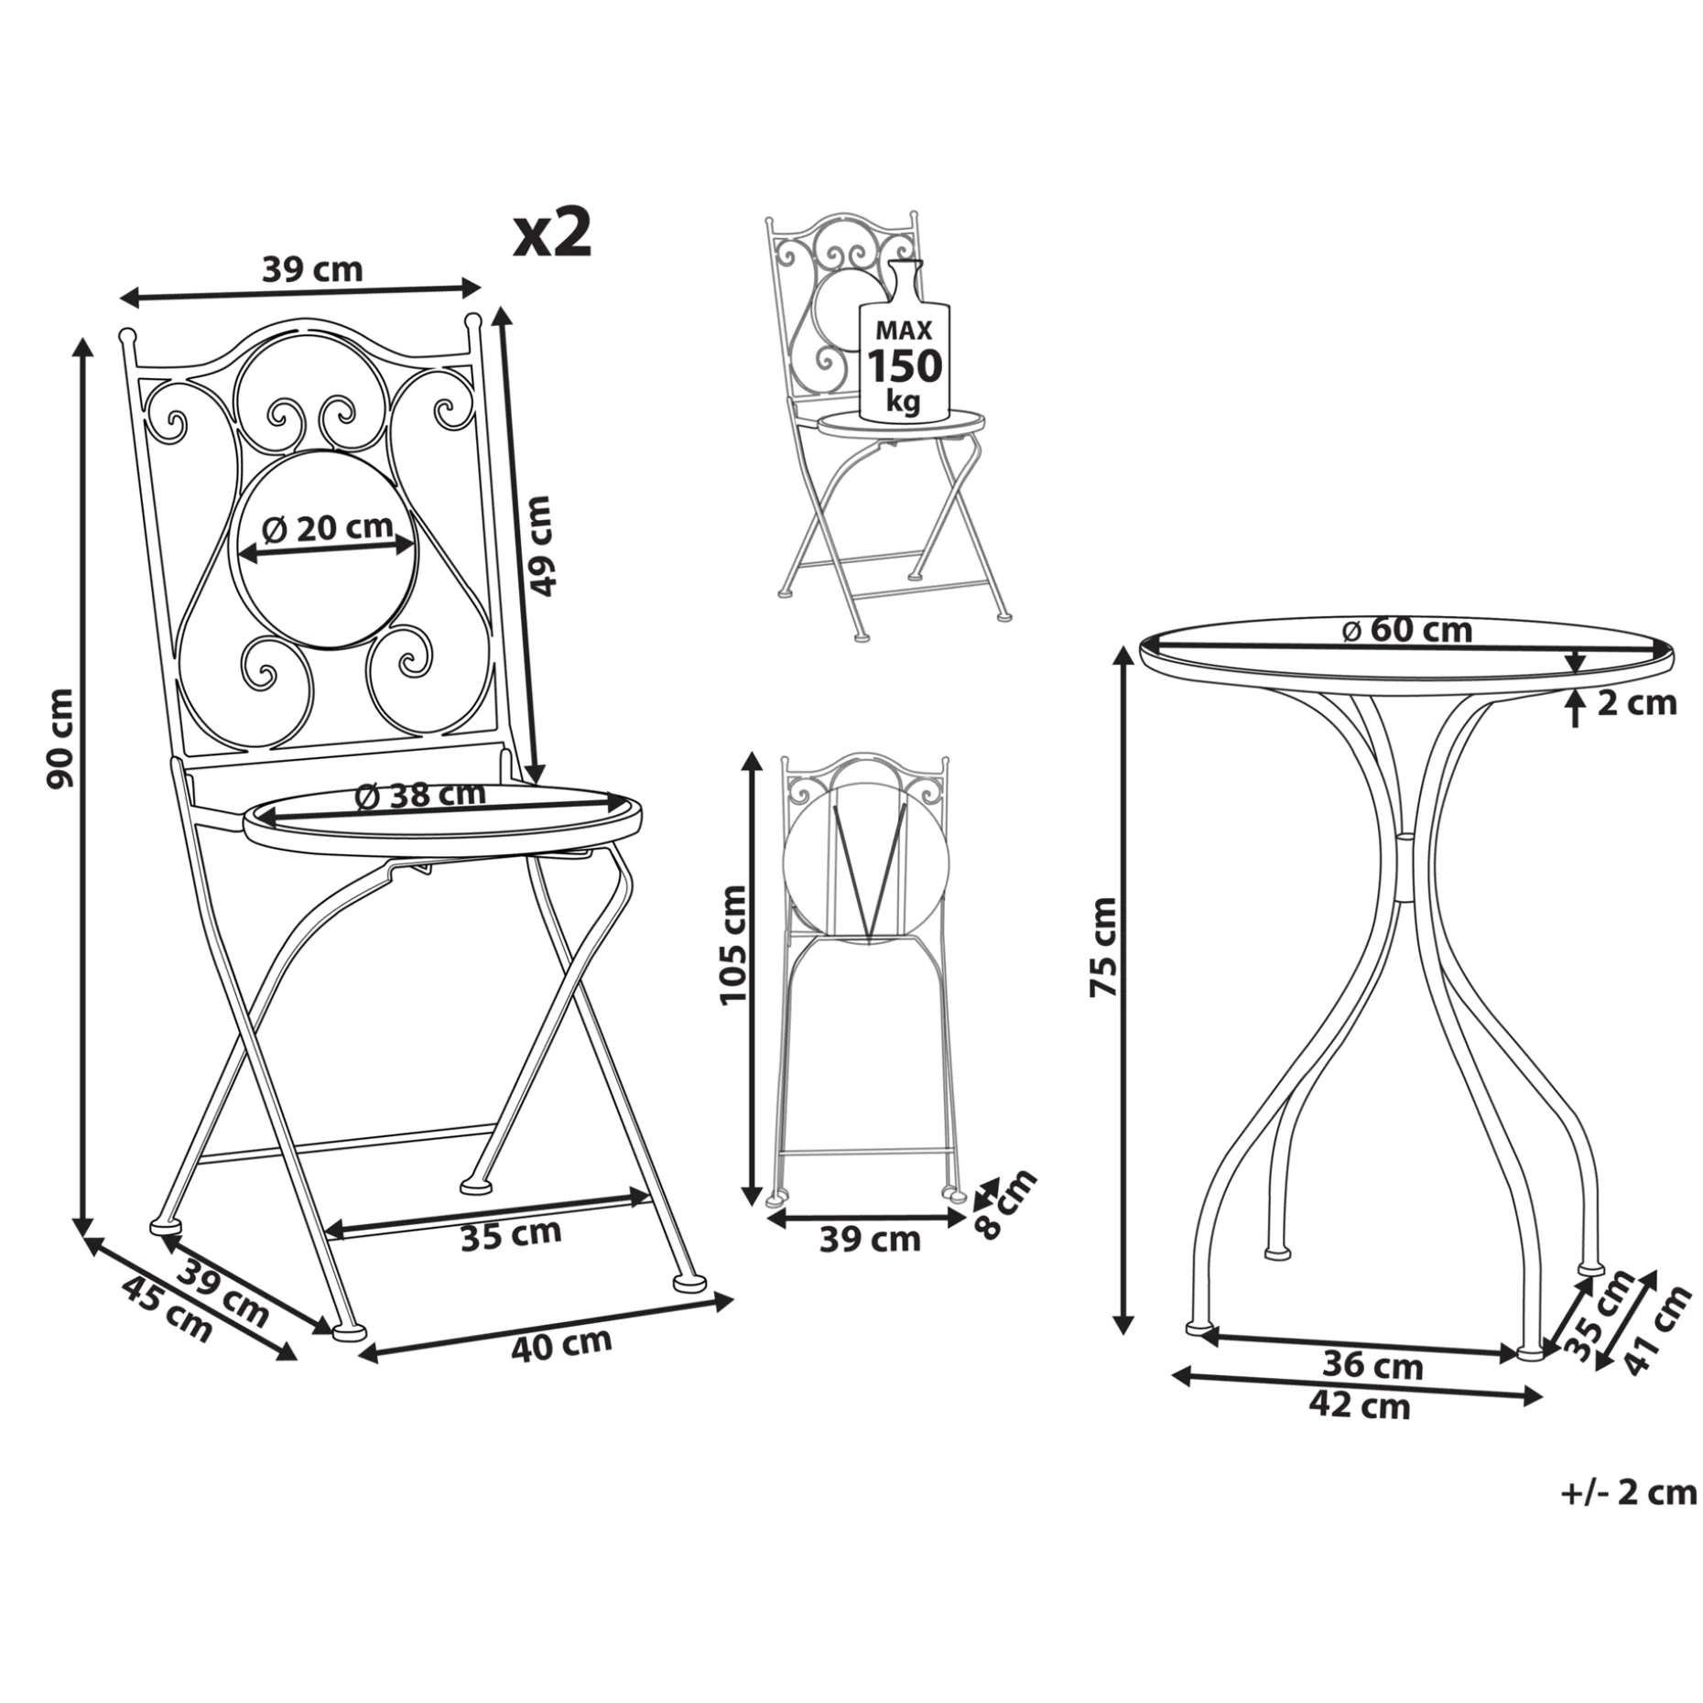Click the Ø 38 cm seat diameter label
(419, 795)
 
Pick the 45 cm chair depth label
(167, 1309)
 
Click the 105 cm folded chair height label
(733, 945)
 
